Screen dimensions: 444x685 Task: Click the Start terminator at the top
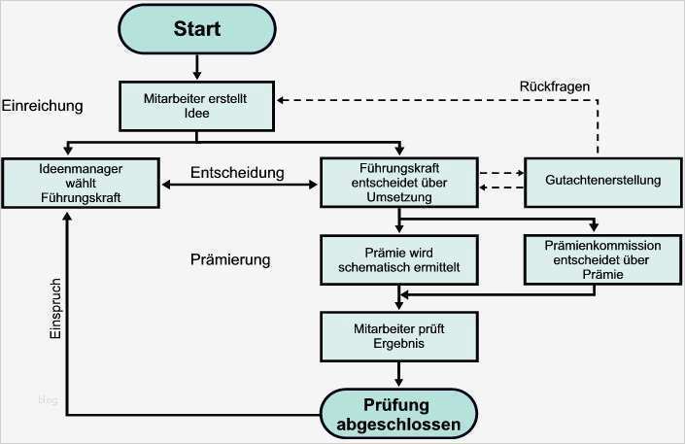coord(197,29)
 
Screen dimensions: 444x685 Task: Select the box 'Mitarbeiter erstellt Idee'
coord(197,106)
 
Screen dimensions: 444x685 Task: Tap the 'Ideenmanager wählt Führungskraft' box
coord(82,182)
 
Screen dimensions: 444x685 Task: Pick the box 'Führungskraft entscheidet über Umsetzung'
coord(397,182)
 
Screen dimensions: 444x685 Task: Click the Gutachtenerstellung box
coord(603,181)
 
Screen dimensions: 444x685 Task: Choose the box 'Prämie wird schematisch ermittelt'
coord(397,259)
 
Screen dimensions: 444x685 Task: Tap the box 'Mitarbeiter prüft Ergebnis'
coord(397,335)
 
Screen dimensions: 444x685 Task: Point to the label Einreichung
coord(43,105)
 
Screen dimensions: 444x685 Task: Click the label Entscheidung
coord(237,173)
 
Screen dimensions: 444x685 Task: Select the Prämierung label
coord(230,260)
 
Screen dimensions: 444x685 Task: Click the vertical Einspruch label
coord(55,310)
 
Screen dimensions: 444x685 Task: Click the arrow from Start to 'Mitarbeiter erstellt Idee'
coord(197,66)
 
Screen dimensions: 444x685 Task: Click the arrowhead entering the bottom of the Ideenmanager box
coord(66,215)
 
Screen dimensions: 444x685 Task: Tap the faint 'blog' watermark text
coord(49,398)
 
